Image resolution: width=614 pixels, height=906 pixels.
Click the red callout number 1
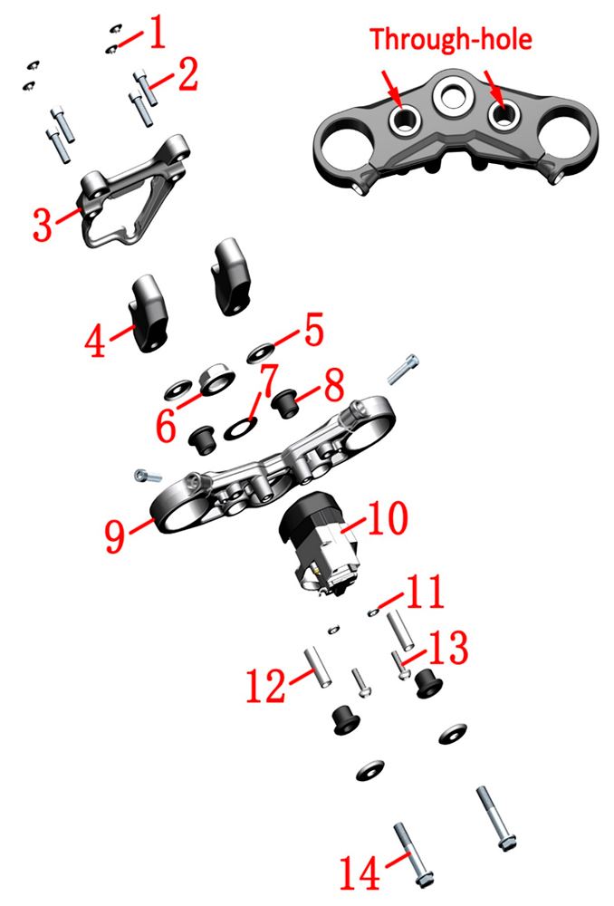click(x=157, y=33)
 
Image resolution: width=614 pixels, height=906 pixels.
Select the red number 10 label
click(x=388, y=518)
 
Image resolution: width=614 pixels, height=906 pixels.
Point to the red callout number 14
click(x=360, y=873)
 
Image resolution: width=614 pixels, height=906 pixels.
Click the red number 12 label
click(x=265, y=686)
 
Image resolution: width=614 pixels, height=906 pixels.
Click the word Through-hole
click(x=450, y=39)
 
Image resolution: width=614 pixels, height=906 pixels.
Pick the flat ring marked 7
click(x=237, y=429)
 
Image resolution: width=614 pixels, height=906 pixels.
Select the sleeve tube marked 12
click(x=318, y=667)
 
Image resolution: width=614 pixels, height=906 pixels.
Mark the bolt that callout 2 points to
click(x=146, y=88)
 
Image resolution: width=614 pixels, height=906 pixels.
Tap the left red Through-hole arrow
click(x=390, y=88)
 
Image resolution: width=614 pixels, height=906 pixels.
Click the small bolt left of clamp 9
click(x=148, y=477)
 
